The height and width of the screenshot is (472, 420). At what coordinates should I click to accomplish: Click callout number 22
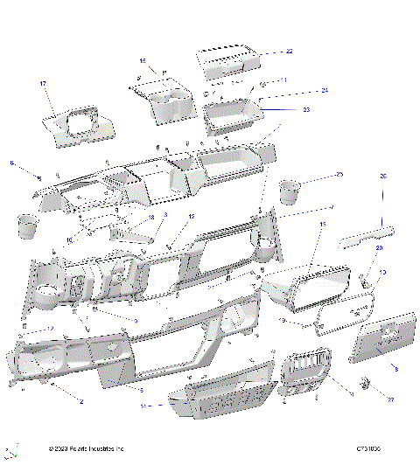(x=290, y=52)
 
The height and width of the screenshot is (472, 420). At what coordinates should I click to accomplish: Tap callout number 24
(x=300, y=91)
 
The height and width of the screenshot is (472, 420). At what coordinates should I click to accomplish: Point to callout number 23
(x=282, y=109)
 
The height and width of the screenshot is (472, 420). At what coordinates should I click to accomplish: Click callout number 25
(x=339, y=175)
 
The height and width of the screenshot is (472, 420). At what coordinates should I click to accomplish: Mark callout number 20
(x=379, y=248)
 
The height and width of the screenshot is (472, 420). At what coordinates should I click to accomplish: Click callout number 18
(x=151, y=218)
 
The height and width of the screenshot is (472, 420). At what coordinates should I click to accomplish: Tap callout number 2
(x=81, y=401)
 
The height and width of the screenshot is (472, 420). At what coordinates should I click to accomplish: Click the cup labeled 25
(x=290, y=190)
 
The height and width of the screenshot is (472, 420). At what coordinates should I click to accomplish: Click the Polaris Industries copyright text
(x=87, y=449)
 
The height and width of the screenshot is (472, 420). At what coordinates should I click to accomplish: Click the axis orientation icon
(x=11, y=452)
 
